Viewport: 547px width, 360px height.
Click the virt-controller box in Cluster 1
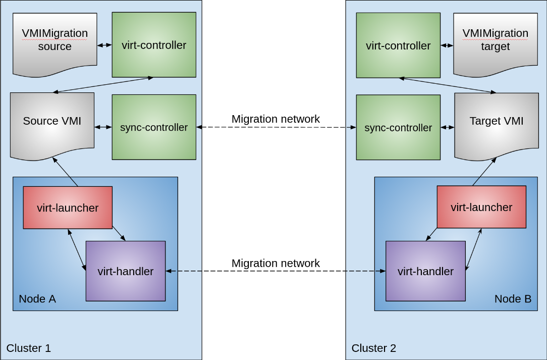154,45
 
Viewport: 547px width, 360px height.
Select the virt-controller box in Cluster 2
398,45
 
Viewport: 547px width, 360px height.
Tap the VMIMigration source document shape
54,40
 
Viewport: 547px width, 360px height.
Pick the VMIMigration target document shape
495,40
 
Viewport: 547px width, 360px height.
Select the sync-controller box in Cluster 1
154,127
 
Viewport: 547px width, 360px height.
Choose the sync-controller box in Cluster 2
398,128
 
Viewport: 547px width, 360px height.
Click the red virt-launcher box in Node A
68,208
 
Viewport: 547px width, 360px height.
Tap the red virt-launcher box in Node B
481,207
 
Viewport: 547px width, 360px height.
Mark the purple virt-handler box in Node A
126,271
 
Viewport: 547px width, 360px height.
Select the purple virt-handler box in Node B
425,271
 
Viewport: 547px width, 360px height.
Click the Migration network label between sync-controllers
276,119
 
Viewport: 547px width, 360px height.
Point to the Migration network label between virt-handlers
276,264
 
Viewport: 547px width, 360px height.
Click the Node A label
37,299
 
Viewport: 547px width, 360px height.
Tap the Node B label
513,299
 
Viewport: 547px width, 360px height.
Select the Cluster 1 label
29,348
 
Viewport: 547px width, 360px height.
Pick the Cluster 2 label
374,348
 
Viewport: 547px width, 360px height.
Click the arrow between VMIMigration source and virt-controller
104,45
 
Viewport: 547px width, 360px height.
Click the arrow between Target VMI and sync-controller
448,127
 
